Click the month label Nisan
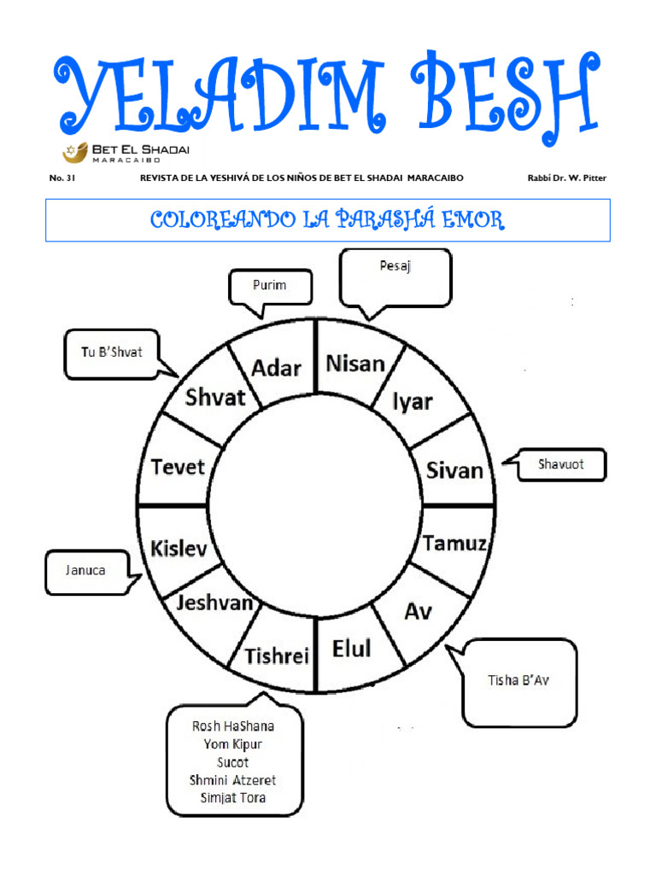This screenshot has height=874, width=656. tap(355, 364)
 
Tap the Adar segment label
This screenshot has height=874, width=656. tap(276, 368)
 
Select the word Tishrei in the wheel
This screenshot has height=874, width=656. tap(277, 656)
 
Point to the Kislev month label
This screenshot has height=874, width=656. tap(179, 549)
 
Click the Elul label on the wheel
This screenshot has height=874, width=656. tap(351, 649)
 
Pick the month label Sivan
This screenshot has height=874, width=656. tap(454, 470)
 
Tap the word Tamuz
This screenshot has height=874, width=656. tap(454, 543)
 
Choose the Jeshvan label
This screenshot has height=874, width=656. tap(214, 603)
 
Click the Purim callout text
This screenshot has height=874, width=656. tap(269, 285)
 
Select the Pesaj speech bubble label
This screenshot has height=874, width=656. tap(395, 266)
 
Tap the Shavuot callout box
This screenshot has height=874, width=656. tap(560, 463)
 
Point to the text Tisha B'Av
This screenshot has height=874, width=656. tap(518, 680)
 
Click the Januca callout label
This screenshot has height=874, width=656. tap(85, 570)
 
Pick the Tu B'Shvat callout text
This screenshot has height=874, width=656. tap(112, 352)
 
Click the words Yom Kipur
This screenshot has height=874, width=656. tap(232, 744)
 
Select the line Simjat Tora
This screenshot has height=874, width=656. tap(233, 798)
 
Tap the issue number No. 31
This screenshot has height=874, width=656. tap(61, 178)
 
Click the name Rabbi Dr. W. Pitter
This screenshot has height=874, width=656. tap(567, 178)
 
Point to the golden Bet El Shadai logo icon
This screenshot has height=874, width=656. tap(75, 152)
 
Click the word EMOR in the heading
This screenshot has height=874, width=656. tap(473, 219)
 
